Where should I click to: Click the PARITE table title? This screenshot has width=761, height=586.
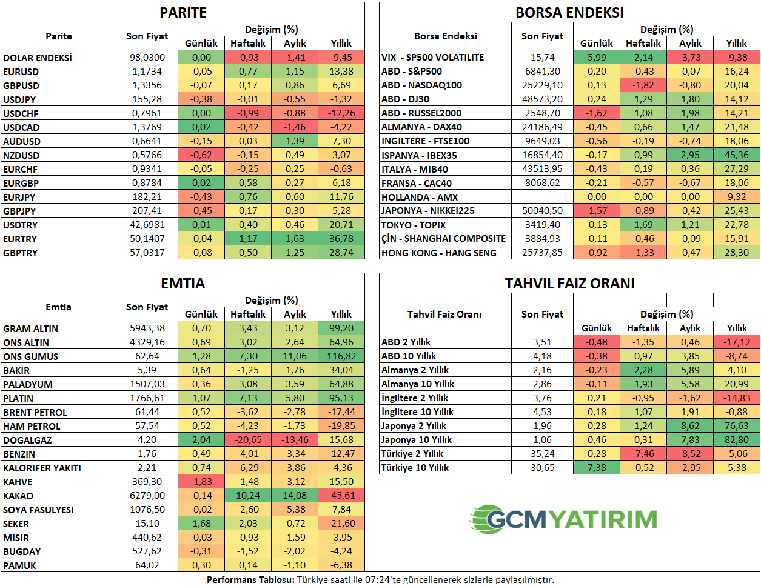pos(183,12)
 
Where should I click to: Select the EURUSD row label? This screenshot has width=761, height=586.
pos(21,72)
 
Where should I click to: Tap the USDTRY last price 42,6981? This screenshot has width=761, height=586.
pos(147,225)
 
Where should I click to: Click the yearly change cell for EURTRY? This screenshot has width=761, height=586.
pos(341,239)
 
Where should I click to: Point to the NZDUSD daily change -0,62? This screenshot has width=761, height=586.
pos(201,155)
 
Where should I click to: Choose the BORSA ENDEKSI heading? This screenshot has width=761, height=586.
pos(569,12)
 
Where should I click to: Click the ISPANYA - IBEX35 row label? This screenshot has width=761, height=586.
pos(419,155)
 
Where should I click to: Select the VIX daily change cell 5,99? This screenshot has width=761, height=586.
pos(597,57)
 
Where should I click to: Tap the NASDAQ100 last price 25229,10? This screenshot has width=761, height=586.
pos(542,85)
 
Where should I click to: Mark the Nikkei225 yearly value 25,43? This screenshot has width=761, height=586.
pos(736,211)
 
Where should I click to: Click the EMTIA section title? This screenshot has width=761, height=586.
pos(183,283)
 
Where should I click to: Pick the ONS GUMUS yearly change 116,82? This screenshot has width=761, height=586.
pos(341,356)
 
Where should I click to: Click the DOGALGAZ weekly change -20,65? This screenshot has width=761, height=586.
pos(248,440)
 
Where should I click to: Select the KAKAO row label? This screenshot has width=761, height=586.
pos(18,496)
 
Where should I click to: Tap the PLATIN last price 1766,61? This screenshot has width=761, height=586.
pos(147,398)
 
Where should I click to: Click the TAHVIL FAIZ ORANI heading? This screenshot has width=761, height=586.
pos(569,283)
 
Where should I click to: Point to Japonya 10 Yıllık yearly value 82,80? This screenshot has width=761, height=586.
pos(736,440)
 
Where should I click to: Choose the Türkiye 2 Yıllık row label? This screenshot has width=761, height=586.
pos(412,454)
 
